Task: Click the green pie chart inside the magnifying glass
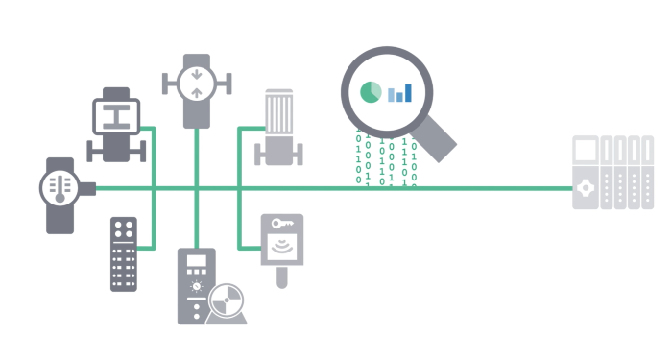tap(370, 92)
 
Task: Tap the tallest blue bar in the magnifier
tap(407, 91)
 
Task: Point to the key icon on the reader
tap(281, 224)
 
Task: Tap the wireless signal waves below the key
tap(281, 248)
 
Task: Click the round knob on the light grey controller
tap(585, 191)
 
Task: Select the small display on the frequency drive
tap(196, 263)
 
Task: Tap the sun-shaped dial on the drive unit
tap(196, 286)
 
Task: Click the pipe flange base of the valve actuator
tap(115, 151)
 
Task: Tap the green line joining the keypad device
tap(146, 248)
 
